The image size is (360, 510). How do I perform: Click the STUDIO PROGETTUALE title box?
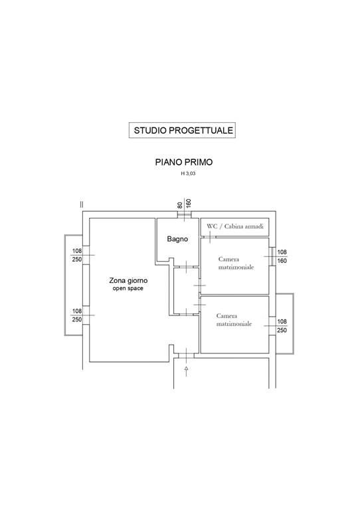coord(182,130)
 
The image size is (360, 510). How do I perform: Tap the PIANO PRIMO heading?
coord(184,162)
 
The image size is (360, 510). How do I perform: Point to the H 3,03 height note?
coord(188,174)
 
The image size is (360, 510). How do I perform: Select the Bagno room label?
coord(177,239)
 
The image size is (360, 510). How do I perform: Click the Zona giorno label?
coord(128,280)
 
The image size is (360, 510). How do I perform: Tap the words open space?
coord(128,288)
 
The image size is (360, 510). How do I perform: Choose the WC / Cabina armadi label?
coord(235,226)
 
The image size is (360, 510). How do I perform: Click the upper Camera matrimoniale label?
coord(236,263)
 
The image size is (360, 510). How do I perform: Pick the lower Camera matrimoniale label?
coord(234,319)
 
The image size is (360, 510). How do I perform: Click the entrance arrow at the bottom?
coord(187,371)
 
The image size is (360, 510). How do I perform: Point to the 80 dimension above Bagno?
coord(180,205)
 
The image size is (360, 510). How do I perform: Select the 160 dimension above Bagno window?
coord(189,203)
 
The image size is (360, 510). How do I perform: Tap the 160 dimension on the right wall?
coord(282,261)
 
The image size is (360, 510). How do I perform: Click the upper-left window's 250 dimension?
coord(77,260)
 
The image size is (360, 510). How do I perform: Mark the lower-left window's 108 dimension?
coord(77,311)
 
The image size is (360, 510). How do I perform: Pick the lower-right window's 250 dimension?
coord(282,331)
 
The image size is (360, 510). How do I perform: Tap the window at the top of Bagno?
coord(185,214)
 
